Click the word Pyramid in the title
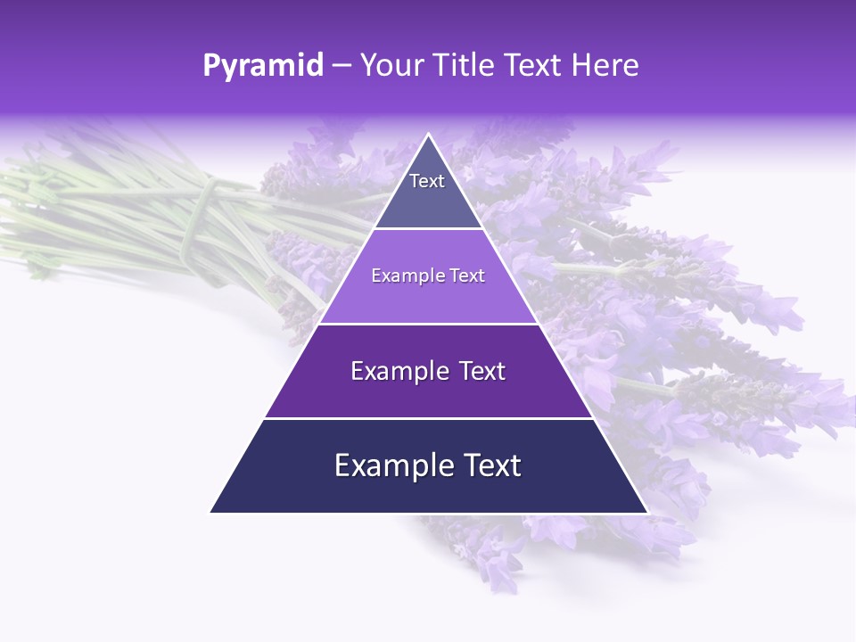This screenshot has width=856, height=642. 262,66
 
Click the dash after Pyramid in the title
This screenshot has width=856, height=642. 341,66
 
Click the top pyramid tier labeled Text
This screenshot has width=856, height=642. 428,192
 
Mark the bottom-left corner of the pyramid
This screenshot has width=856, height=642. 210,512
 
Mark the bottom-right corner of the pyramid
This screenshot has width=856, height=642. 647,512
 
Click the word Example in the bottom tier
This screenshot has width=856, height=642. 386,465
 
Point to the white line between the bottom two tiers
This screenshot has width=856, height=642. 428,418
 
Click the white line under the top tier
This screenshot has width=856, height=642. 428,229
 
